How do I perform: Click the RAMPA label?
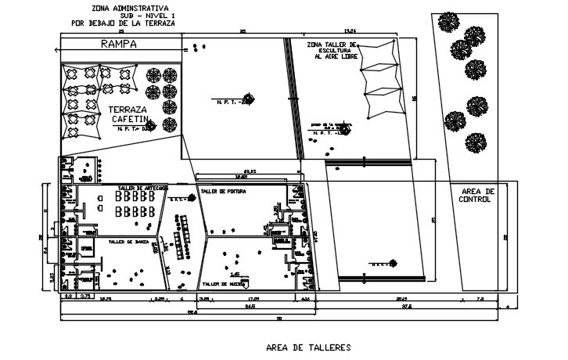[119, 45]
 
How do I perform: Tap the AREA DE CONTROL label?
[476, 195]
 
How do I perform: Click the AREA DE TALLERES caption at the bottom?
[308, 346]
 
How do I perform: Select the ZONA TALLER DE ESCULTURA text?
[332, 51]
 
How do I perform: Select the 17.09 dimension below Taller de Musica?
[253, 298]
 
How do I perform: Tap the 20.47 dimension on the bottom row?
[401, 298]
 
